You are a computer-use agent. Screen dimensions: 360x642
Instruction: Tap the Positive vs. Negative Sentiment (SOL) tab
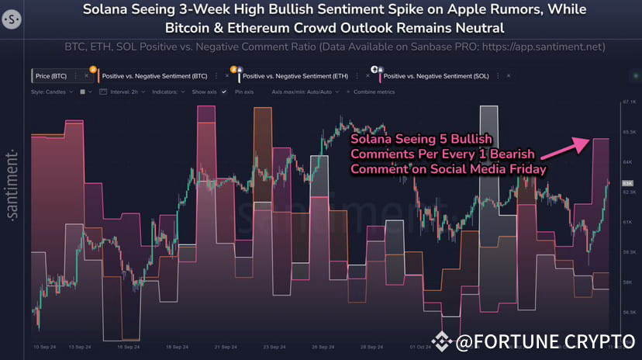(x=437, y=76)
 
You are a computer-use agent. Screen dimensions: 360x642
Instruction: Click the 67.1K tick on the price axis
(x=629, y=102)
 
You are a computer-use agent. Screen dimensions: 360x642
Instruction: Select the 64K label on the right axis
(x=629, y=161)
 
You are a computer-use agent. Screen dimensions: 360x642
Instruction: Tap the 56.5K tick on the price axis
(x=629, y=312)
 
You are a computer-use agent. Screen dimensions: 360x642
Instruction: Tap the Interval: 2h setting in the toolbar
(x=121, y=92)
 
